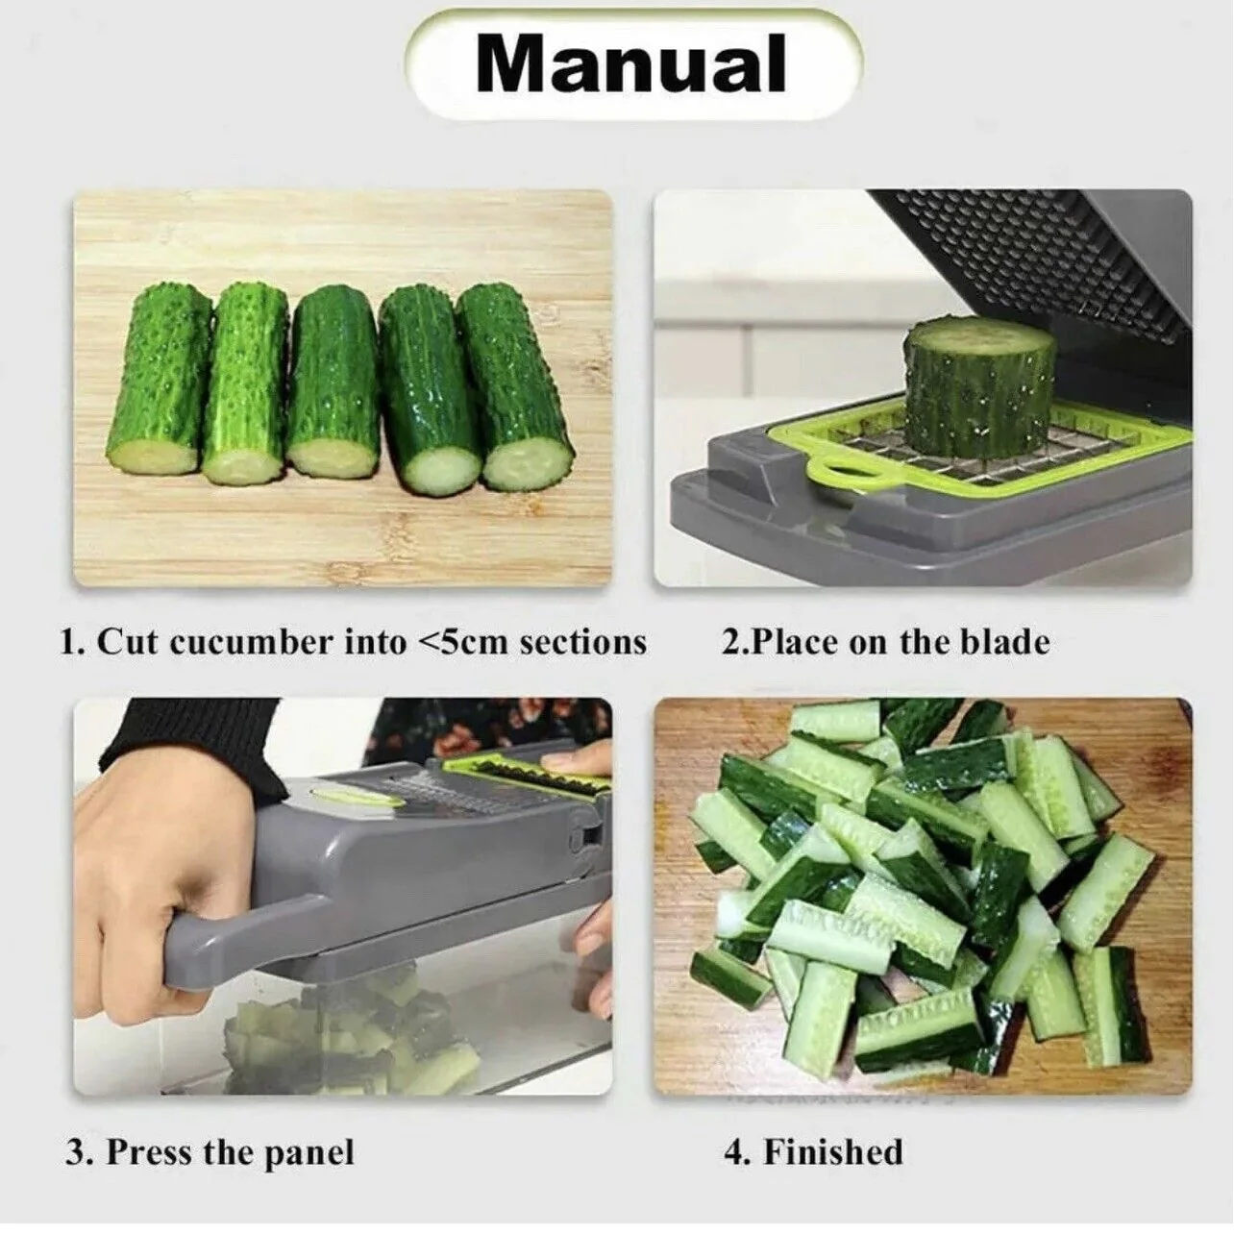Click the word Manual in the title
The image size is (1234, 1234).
click(630, 64)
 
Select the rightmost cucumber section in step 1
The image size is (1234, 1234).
click(515, 387)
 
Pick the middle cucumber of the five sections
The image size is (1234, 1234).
click(333, 383)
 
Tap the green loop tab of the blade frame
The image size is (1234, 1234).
click(841, 471)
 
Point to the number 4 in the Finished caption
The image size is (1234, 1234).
click(734, 1151)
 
